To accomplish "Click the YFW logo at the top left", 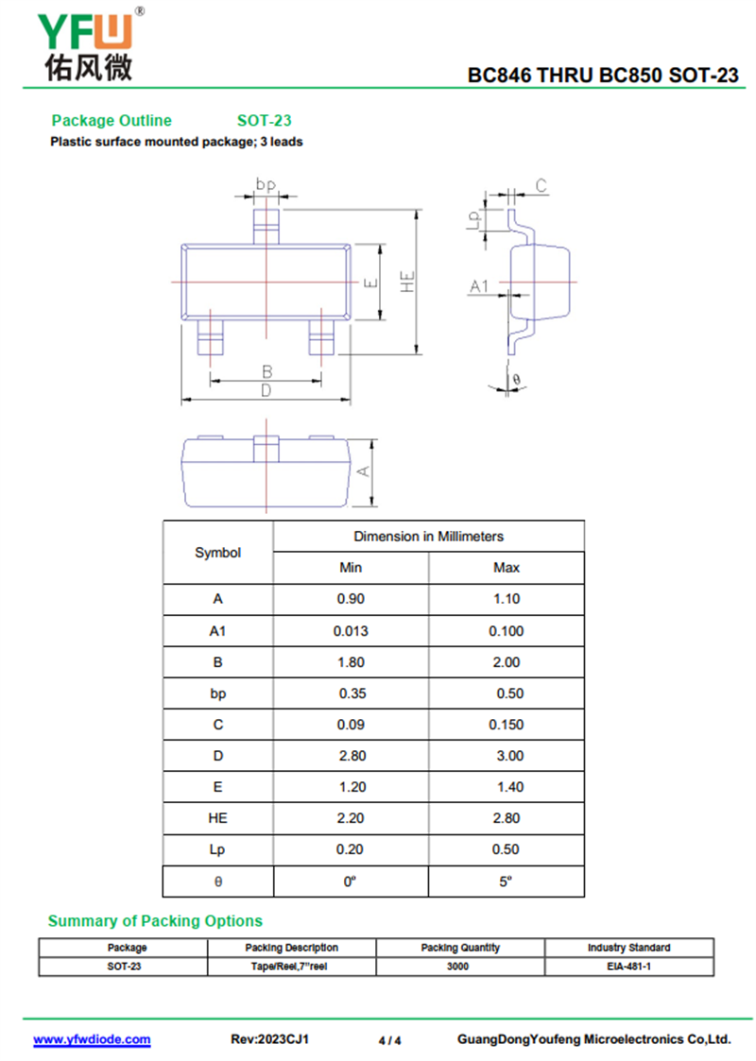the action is click(x=90, y=44).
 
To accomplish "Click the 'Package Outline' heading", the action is click(x=112, y=120).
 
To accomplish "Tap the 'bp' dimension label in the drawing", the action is click(x=266, y=184).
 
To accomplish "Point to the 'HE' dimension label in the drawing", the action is click(x=406, y=282).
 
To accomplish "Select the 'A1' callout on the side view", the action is click(x=479, y=286).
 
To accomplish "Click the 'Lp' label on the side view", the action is click(x=474, y=219).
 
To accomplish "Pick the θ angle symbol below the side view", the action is click(x=516, y=380).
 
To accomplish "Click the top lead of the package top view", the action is click(x=266, y=226).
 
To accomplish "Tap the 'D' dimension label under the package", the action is click(x=266, y=390).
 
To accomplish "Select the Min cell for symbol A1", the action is click(x=351, y=631).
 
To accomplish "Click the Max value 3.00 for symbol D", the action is click(x=509, y=756).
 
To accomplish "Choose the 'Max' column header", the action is click(x=507, y=568).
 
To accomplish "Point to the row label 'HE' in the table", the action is click(x=217, y=818).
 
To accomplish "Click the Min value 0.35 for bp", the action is click(x=352, y=693).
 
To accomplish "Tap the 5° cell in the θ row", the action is click(x=507, y=881).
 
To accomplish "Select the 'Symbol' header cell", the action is click(x=218, y=552).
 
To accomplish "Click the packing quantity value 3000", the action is click(x=457, y=967).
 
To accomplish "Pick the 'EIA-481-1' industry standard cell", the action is click(x=628, y=967).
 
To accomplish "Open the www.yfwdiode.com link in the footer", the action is click(x=92, y=1039).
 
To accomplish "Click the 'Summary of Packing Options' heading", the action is click(x=155, y=921).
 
